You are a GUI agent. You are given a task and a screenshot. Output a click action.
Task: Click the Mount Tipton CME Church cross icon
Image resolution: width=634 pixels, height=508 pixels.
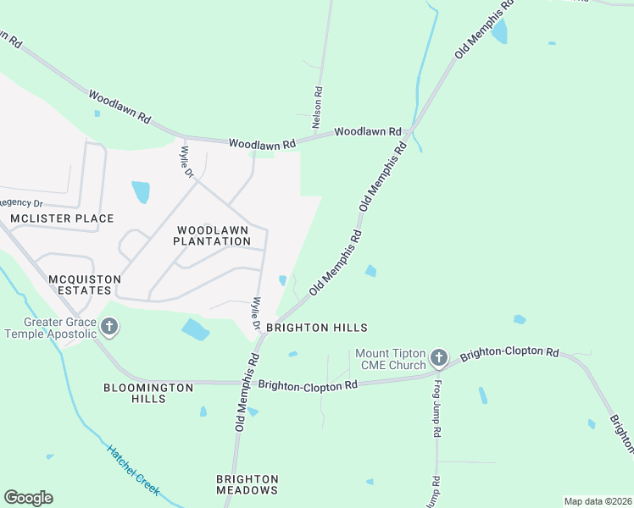click(x=438, y=357)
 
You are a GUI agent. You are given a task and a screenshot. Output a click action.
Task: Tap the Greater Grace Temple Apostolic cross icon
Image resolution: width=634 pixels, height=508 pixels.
click(x=108, y=327)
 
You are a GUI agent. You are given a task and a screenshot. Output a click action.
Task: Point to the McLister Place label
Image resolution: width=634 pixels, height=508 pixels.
click(x=61, y=218)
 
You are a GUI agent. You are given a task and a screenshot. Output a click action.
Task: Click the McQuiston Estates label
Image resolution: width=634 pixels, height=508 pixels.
click(x=80, y=284)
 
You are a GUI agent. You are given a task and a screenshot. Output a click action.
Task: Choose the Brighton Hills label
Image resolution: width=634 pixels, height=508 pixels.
click(x=316, y=327)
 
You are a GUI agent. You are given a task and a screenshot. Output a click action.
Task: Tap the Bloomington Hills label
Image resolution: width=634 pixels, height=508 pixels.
click(x=148, y=393)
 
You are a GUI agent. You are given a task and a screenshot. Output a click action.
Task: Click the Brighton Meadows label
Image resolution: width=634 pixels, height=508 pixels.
click(x=247, y=484)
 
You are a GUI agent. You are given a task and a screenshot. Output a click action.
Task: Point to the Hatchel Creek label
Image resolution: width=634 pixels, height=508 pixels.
click(x=132, y=469)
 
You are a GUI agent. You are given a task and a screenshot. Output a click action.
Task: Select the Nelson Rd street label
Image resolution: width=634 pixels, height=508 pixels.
click(x=318, y=108)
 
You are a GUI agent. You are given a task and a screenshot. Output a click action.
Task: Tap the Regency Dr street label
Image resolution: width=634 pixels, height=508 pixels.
click(x=20, y=202)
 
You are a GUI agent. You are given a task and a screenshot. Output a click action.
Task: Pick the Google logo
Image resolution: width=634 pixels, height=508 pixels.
click(x=28, y=498)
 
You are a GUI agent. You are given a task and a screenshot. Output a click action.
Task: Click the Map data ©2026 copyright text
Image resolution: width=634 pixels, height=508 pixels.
click(x=598, y=501)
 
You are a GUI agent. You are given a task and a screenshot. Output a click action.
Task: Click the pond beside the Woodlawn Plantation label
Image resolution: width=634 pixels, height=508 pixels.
click(x=141, y=192)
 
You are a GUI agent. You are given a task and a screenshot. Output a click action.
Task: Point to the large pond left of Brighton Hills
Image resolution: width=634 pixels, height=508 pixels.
click(x=195, y=329)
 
